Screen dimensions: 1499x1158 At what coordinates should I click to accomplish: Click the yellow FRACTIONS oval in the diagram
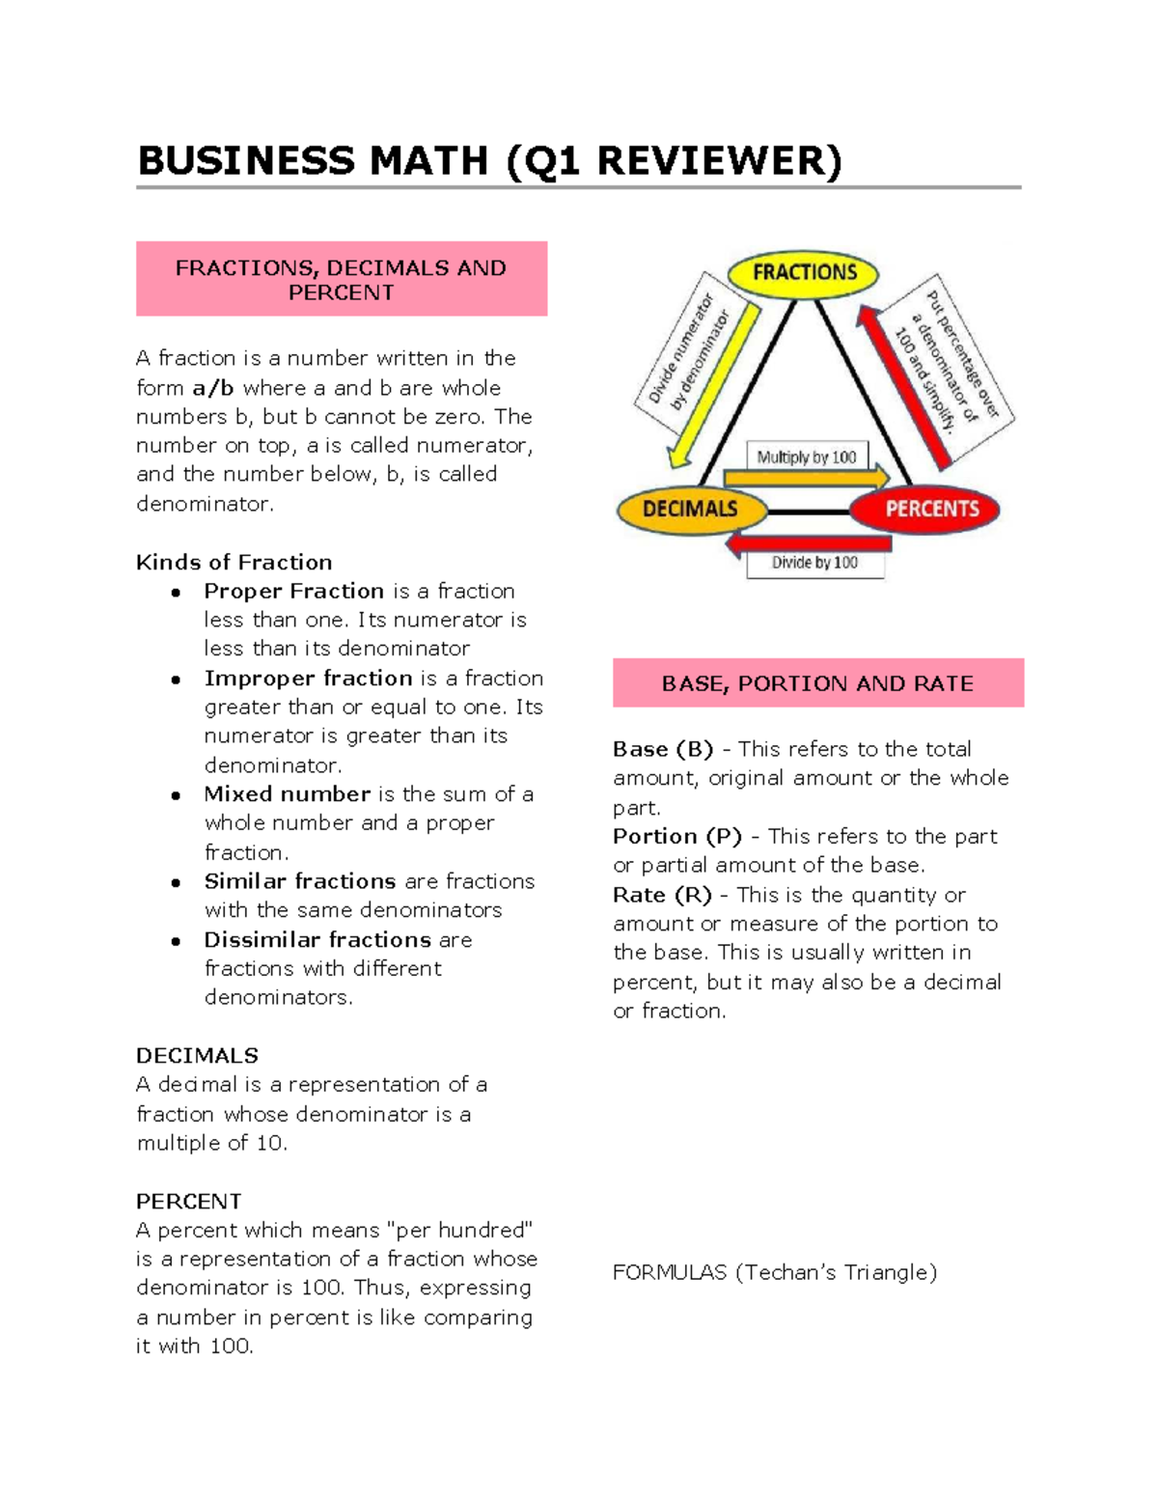803,273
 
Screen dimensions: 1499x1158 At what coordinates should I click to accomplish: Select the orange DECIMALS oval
691,510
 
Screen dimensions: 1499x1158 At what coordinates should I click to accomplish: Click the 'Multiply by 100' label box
807,457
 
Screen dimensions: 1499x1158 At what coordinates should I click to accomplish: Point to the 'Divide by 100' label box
814,563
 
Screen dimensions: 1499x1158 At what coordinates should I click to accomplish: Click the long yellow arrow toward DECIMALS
714,386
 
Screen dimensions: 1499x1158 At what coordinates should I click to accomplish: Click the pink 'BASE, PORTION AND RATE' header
817,683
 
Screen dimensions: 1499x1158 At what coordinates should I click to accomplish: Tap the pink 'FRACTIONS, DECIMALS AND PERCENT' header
342,279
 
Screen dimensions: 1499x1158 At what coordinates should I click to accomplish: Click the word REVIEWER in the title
718,161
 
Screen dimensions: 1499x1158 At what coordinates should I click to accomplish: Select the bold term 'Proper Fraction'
294,591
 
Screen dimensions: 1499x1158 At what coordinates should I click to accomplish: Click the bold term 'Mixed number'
288,794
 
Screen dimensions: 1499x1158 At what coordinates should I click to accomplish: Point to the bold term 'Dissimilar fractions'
317,939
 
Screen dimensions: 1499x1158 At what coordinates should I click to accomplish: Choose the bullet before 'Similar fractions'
176,882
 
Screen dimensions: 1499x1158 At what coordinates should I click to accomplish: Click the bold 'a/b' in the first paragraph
213,388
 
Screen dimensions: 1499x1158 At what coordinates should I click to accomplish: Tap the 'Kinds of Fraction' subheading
234,562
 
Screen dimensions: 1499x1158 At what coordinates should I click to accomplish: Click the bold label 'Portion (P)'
676,836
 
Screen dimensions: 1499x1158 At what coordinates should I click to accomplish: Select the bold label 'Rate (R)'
662,895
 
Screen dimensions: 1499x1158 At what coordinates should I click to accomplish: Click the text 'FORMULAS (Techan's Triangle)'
775,1272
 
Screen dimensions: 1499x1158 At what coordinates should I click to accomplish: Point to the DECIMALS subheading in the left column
197,1055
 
